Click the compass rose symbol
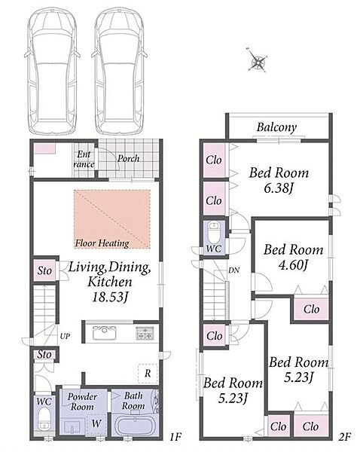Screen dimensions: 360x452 258,60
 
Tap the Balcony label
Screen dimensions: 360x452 276,127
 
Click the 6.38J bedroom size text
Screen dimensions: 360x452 279,188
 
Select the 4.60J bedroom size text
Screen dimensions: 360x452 294,265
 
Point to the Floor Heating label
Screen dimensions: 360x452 102,243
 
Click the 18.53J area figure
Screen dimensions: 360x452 110,297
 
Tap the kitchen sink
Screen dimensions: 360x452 105,333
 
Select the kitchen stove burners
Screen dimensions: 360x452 145,333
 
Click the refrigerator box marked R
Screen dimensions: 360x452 148,374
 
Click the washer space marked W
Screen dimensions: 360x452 96,423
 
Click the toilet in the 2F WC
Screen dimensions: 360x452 214,232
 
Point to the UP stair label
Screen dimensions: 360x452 65,336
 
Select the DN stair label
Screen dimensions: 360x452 233,270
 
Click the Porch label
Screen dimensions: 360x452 129,158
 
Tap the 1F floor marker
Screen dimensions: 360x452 175,437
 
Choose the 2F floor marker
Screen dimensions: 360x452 344,437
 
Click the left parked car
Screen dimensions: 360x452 52,71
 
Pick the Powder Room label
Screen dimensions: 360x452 82,402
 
